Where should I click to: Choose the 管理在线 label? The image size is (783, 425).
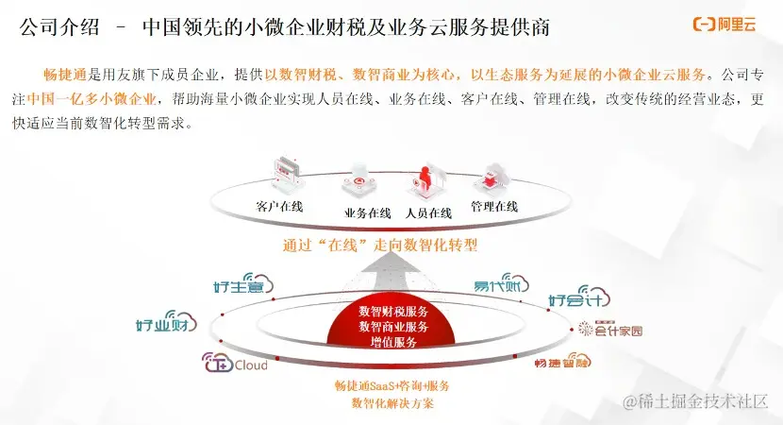[494, 206]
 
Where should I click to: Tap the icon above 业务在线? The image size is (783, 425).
[362, 178]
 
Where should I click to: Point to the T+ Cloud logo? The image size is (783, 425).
[236, 364]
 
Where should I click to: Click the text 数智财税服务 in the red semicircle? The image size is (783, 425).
[393, 312]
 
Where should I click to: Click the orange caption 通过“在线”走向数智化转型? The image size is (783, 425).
[380, 246]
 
